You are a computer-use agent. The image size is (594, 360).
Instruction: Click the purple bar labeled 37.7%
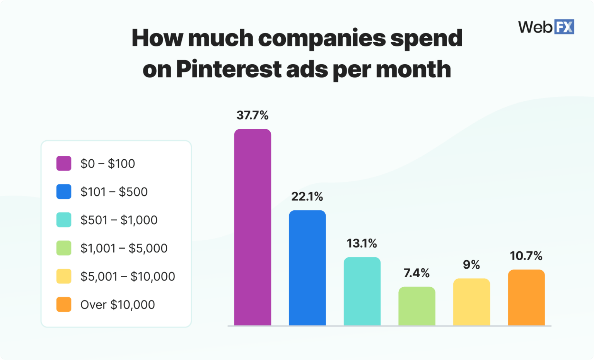tap(253, 227)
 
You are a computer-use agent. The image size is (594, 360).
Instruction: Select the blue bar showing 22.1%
tap(307, 268)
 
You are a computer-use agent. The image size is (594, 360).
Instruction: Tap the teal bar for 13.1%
tap(362, 291)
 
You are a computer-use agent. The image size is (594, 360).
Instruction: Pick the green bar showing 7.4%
tap(417, 306)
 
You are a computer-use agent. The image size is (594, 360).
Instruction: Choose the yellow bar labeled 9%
tap(471, 302)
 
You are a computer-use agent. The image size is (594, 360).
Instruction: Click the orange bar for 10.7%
tap(526, 297)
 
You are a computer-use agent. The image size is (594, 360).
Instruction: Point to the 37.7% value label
tap(253, 115)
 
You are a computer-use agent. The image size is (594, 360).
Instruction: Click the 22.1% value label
tap(307, 196)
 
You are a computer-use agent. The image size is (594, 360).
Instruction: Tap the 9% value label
tap(471, 265)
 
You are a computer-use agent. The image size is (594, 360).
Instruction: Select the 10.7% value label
tap(526, 256)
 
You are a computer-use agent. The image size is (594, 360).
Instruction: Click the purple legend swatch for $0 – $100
tap(64, 164)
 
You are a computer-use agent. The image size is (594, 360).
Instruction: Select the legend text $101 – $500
tap(114, 192)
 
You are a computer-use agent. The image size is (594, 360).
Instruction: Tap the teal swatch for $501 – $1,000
tap(64, 220)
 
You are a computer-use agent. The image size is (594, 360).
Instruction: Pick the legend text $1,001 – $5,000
tap(124, 248)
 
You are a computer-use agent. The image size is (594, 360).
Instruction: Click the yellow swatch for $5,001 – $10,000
tap(64, 276)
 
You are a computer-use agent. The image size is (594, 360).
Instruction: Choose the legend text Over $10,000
tap(118, 305)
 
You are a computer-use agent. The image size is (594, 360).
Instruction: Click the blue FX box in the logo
tap(564, 27)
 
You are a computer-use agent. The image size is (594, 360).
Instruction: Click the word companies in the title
tap(322, 38)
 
